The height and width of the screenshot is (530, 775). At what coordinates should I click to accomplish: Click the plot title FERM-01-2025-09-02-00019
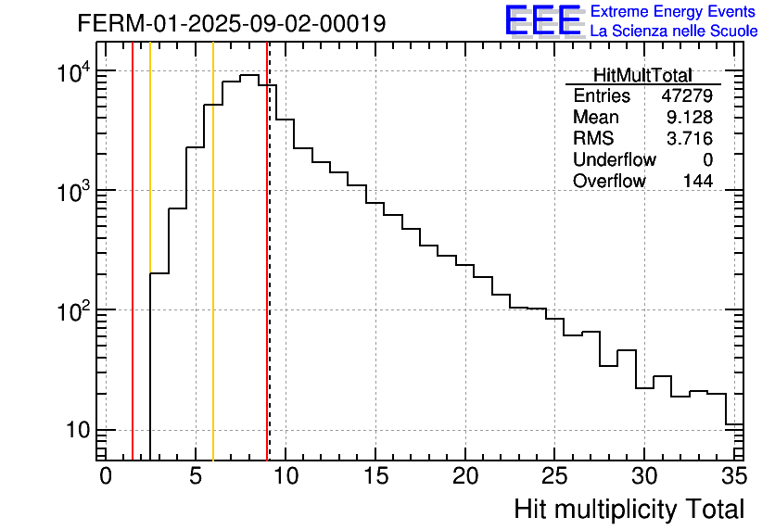(x=232, y=23)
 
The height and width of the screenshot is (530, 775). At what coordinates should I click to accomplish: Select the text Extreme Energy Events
(x=674, y=11)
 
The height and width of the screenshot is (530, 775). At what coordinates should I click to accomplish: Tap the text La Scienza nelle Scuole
(x=674, y=31)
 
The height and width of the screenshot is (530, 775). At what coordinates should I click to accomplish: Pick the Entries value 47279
(x=687, y=96)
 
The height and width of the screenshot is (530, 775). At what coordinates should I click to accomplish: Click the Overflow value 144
(x=697, y=182)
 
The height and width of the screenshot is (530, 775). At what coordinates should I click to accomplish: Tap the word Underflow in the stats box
(x=614, y=160)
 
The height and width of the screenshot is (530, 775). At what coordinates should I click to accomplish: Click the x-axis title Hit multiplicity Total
(x=629, y=509)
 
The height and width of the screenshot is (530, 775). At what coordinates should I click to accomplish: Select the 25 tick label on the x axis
(x=554, y=476)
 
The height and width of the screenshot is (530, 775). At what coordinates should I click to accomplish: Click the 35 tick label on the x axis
(x=733, y=476)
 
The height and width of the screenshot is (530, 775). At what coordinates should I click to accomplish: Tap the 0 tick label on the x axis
(x=106, y=476)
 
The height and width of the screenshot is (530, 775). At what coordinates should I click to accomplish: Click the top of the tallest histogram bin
(x=248, y=76)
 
